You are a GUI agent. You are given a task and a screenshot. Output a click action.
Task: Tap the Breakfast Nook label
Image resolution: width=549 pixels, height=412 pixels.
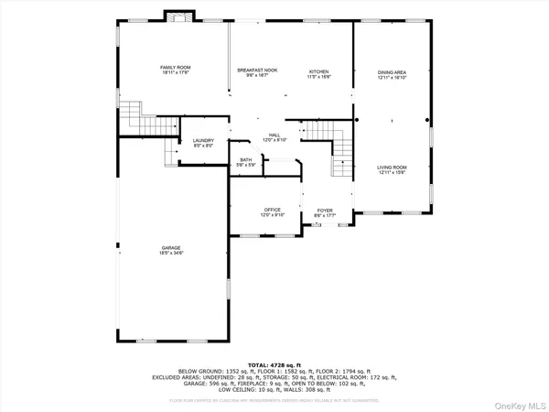(257, 70)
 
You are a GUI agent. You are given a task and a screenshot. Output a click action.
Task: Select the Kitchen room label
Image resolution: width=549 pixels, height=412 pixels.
(318, 70)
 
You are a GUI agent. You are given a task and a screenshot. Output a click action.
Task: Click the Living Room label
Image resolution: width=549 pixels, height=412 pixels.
(392, 168)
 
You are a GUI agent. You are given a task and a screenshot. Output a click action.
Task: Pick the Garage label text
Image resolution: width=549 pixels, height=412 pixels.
(171, 246)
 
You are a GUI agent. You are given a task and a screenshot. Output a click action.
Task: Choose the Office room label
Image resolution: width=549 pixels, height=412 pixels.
(271, 210)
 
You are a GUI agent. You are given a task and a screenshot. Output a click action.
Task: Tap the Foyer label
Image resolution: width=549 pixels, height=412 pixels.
(325, 210)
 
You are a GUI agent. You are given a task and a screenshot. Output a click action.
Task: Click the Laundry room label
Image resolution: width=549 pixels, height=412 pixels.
(203, 140)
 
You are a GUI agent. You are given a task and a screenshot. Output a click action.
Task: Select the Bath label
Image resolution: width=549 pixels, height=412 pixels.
(246, 160)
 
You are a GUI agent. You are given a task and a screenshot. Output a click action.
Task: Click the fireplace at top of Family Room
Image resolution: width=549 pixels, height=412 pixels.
(178, 16)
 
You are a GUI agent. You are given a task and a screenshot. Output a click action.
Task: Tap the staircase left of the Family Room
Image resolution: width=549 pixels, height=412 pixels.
(135, 116)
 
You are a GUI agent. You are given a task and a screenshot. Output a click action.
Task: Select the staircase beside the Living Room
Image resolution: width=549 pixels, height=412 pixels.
(340, 149)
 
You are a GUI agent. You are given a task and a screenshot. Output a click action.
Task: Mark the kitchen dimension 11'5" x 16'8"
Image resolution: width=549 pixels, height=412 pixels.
(318, 76)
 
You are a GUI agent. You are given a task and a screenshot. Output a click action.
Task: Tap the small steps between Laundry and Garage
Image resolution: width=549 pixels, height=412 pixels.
(169, 152)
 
